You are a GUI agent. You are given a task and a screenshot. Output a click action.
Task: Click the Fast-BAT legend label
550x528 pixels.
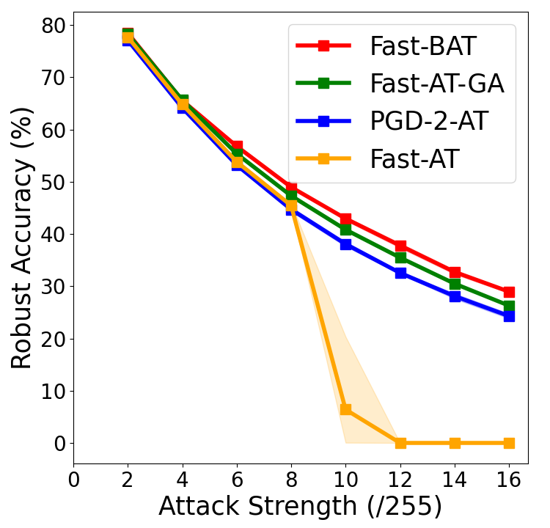pos(422,46)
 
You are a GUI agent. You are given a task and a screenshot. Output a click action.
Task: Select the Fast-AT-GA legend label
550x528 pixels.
pos(436,84)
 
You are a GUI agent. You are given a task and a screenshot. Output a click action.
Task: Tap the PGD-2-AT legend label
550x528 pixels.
pos(428,121)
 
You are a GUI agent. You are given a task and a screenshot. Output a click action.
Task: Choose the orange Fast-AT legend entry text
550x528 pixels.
pos(414,158)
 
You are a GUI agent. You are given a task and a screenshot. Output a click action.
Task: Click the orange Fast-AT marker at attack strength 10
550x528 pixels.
pos(345,409)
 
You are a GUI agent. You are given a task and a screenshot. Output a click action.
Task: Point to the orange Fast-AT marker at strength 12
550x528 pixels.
pos(400,443)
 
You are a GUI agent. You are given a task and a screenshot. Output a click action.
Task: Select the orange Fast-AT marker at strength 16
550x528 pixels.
pos(509,443)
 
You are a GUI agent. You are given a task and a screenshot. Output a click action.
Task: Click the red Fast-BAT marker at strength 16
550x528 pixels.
pos(509,292)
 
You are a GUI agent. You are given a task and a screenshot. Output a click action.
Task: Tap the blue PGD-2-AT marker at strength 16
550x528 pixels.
pos(509,316)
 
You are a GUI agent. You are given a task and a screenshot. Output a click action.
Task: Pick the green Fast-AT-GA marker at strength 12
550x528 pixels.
pos(400,257)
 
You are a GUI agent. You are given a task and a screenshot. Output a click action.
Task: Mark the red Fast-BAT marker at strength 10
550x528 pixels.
pos(345,219)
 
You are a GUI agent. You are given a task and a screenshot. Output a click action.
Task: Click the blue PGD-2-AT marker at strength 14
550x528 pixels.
pos(455,296)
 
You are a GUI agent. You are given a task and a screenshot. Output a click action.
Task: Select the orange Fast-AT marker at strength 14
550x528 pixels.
pos(455,443)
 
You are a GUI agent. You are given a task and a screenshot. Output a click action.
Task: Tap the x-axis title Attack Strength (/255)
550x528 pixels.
pos(300,507)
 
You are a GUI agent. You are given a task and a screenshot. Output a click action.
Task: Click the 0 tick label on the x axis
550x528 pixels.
pos(73,480)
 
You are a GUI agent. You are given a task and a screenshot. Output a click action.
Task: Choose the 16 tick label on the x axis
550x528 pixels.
pos(509,480)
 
